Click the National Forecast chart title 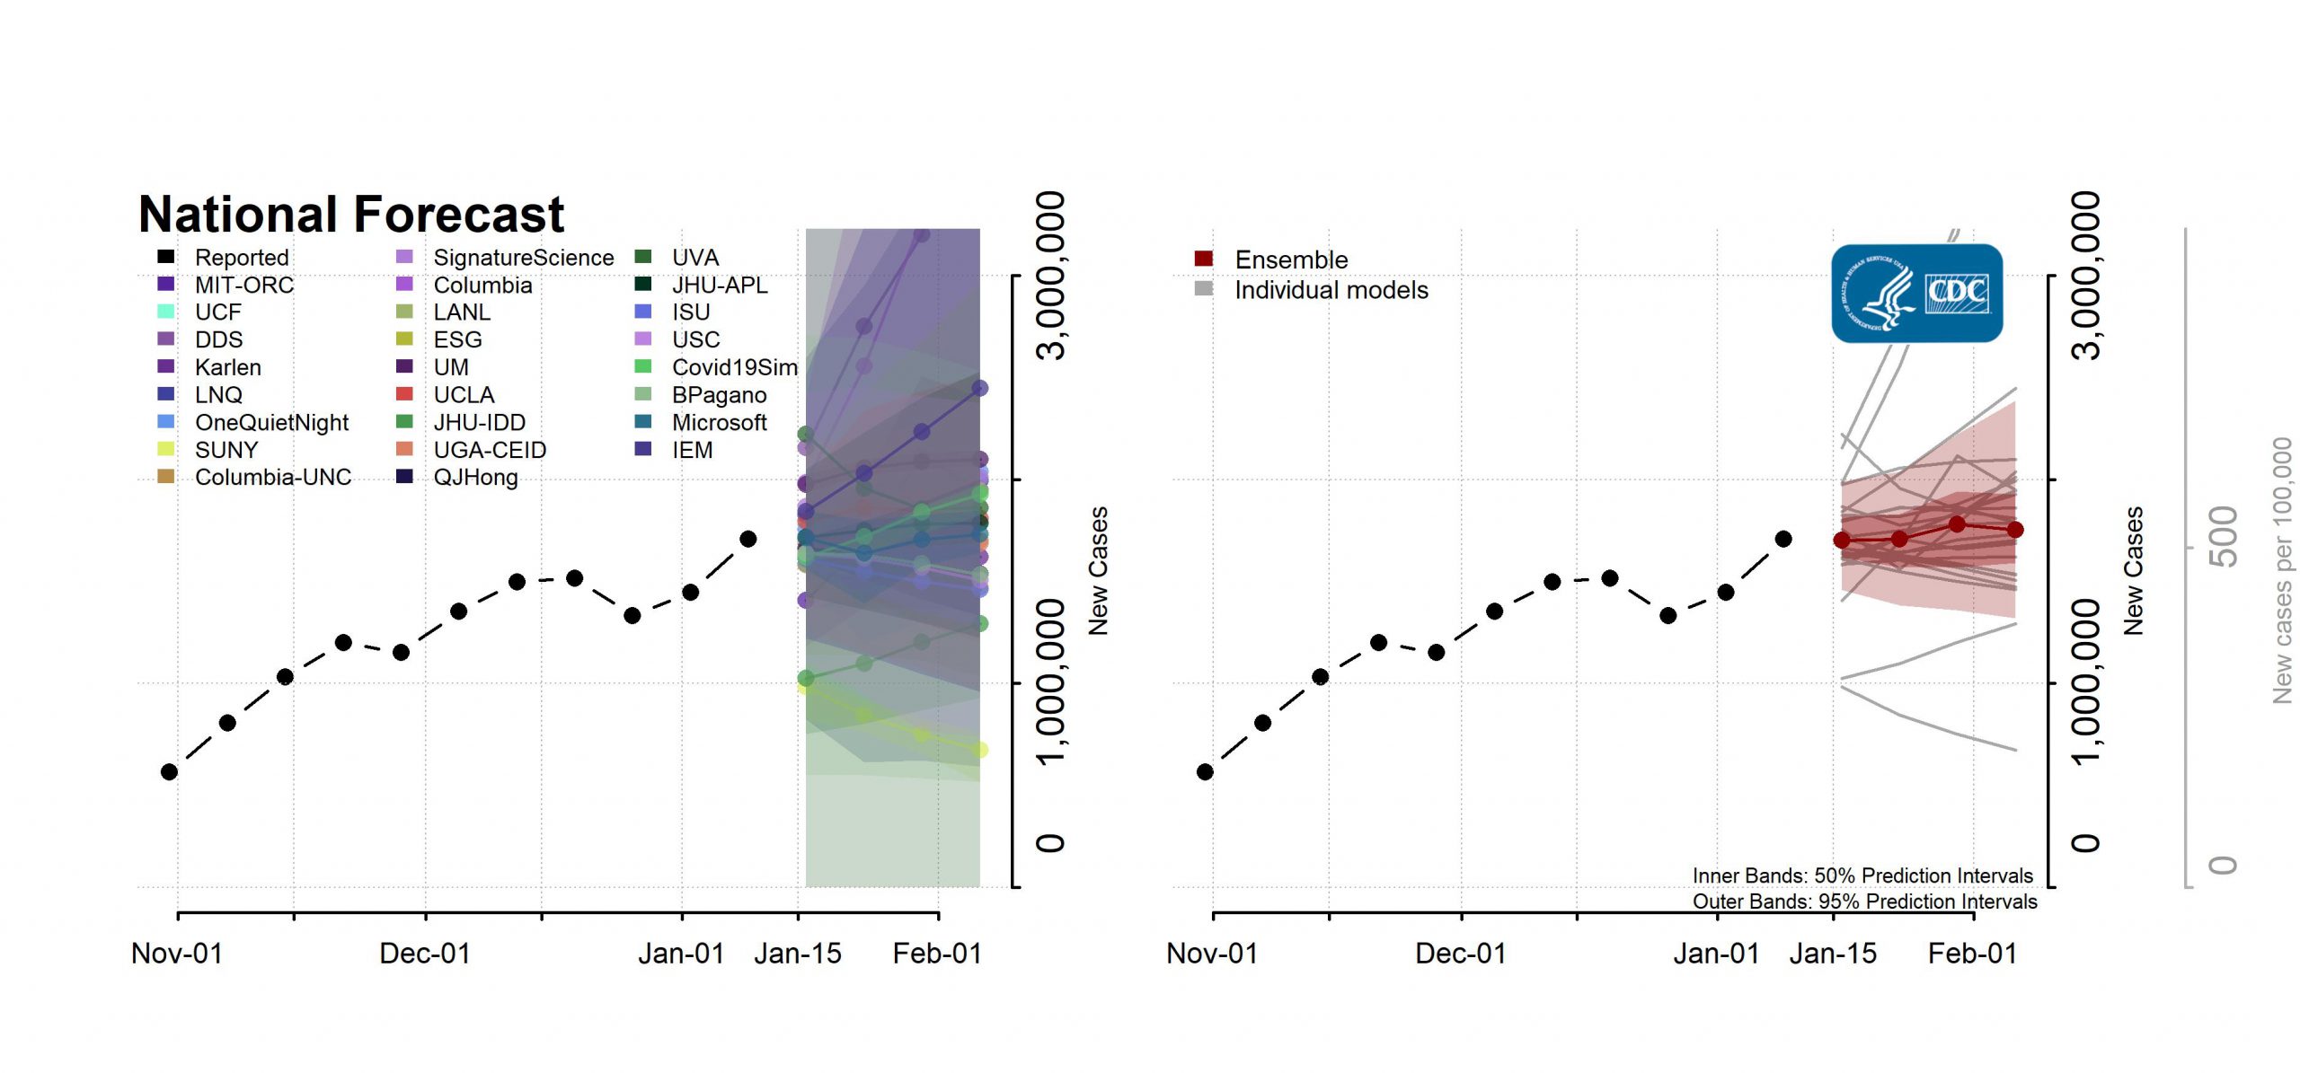click(351, 215)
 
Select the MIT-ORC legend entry click(243, 286)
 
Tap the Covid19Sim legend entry click(734, 367)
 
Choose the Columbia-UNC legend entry click(272, 477)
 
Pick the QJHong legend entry click(475, 477)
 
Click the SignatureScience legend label click(523, 258)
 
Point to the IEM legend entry click(692, 450)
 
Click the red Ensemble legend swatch click(1204, 259)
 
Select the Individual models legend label click(1331, 290)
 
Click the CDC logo click(1916, 294)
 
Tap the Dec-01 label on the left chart click(425, 954)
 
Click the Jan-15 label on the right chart click(1833, 954)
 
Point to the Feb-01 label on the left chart click(937, 954)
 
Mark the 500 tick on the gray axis click(2223, 537)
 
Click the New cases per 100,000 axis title click(2282, 570)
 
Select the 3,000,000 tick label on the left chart click(1051, 275)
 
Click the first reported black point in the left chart click(169, 771)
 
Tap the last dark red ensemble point click(2015, 530)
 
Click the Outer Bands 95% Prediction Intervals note click(1864, 901)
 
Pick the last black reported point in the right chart click(1783, 539)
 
